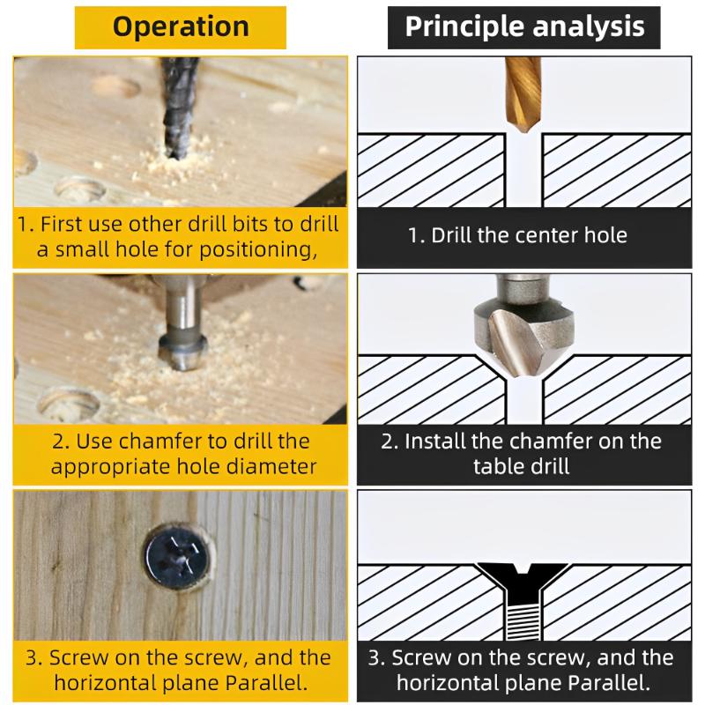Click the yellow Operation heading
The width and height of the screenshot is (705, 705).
pyautogui.click(x=180, y=27)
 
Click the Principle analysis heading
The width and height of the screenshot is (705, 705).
pyautogui.click(x=524, y=26)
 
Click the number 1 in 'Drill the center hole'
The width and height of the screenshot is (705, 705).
pyautogui.click(x=413, y=235)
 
